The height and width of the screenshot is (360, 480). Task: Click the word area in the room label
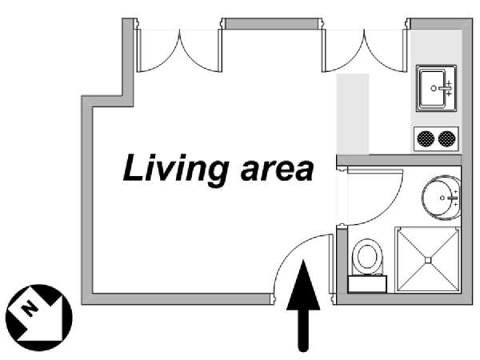click(x=271, y=170)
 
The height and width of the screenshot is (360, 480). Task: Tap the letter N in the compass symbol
click(x=30, y=307)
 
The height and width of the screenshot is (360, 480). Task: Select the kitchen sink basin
click(x=434, y=88)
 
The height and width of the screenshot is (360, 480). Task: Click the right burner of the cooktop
click(x=446, y=138)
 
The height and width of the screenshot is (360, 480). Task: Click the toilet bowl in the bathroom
click(x=367, y=256)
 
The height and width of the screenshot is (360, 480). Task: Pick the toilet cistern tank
click(x=367, y=282)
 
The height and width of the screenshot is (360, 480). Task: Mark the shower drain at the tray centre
click(x=429, y=259)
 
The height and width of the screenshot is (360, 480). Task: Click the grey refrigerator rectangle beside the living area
click(x=352, y=114)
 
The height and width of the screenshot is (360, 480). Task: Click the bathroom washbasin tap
click(x=453, y=196)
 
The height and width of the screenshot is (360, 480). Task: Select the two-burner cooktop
click(x=437, y=138)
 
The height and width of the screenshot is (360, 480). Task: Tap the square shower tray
click(x=429, y=259)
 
